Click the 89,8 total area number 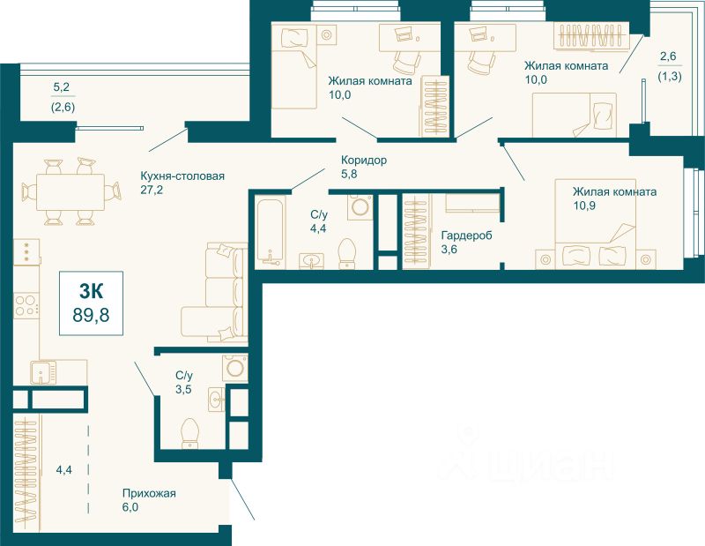coord(91,315)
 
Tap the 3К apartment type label coord(91,292)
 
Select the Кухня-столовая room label coord(182,176)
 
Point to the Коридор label coord(364,160)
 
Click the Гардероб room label coord(467,235)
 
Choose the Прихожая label coord(149,493)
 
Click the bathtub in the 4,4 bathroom coord(270,232)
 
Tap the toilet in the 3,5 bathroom coord(189,432)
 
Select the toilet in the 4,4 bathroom coord(346,253)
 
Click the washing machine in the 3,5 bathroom coord(235,368)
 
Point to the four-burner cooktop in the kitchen coord(26,305)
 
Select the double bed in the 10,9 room coord(595,224)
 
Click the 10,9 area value coord(584,206)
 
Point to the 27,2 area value coord(152,190)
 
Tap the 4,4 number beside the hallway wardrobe coord(63,470)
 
